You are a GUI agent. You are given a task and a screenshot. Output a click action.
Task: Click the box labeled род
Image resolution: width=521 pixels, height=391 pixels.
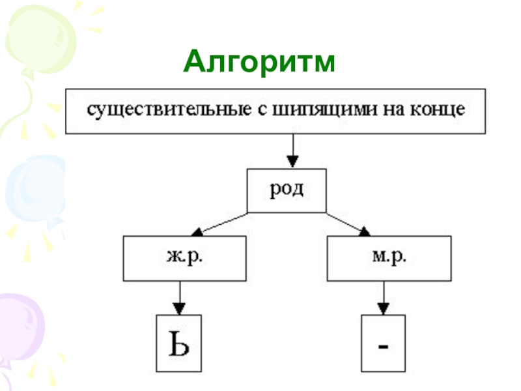pyautogui.click(x=286, y=191)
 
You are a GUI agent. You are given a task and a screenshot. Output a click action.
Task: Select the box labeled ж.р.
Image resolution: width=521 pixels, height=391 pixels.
pyautogui.click(x=185, y=258)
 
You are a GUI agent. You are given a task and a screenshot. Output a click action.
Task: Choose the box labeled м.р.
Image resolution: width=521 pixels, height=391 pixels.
pyautogui.click(x=389, y=258)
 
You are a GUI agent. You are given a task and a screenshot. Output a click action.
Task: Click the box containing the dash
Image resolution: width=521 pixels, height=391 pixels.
pyautogui.click(x=384, y=343)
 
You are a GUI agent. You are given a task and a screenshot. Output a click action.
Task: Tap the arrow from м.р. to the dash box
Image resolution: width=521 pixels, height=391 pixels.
pyautogui.click(x=384, y=297)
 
